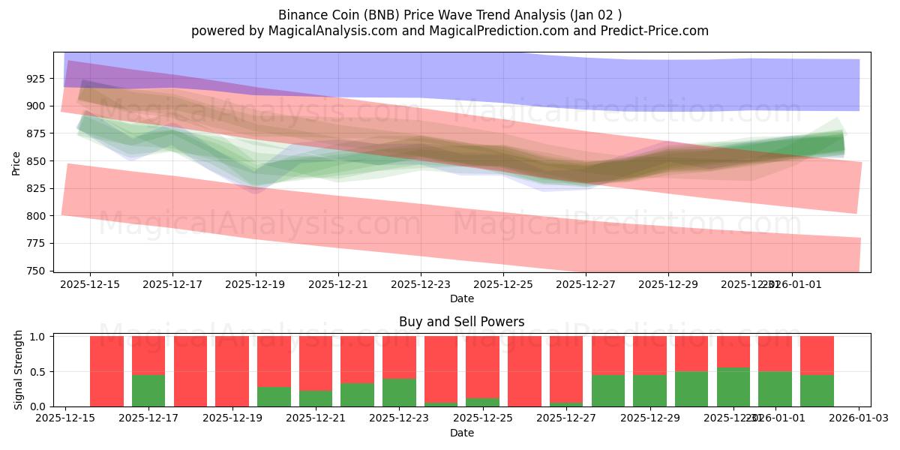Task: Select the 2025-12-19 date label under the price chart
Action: coord(256,285)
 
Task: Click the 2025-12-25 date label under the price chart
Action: coord(503,285)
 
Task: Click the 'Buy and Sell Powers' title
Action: coord(461,322)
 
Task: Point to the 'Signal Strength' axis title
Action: coord(19,370)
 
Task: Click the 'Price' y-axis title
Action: coord(16,162)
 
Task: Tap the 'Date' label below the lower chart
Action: coord(461,433)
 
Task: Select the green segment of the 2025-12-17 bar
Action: coord(148,391)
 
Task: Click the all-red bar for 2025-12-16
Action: coord(106,371)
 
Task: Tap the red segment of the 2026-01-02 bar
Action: coord(817,355)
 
